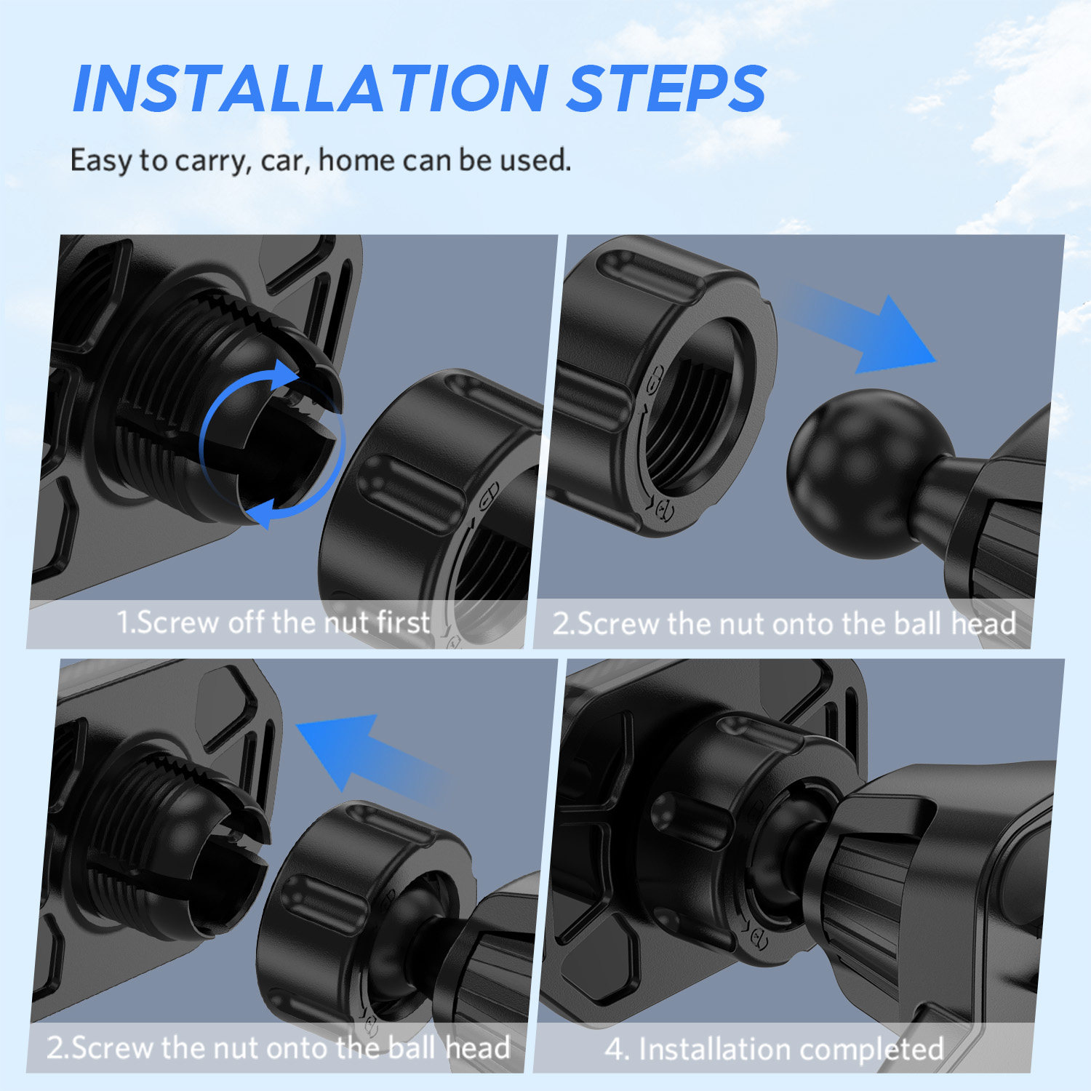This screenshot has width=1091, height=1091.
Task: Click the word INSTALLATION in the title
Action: pyautogui.click(x=311, y=89)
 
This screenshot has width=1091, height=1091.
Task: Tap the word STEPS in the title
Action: pyautogui.click(x=666, y=89)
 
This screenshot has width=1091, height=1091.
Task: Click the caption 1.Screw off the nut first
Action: pyautogui.click(x=273, y=623)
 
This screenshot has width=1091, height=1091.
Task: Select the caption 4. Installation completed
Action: pyautogui.click(x=774, y=1049)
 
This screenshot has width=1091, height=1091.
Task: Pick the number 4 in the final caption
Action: pyautogui.click(x=615, y=1049)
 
